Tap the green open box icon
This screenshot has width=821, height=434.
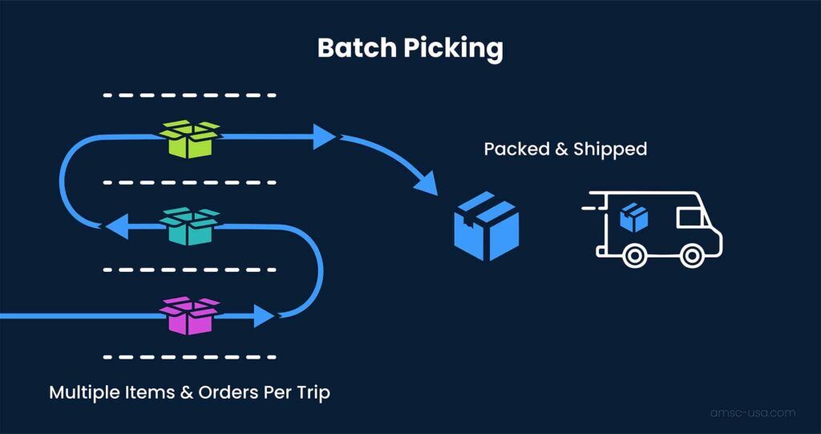pos(190,139)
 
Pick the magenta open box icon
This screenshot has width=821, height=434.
pos(190,315)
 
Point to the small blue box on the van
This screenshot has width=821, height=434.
pos(634,217)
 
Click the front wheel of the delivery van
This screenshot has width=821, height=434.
pos(691,255)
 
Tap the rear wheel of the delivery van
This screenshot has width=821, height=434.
pos(634,255)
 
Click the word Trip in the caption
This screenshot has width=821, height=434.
pos(311,393)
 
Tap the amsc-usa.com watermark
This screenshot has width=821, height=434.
pos(752,412)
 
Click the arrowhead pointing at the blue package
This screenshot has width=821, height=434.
pos(427,184)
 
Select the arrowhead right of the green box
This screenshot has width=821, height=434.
pos(325,136)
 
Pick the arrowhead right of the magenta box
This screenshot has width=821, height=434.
pos(264,315)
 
